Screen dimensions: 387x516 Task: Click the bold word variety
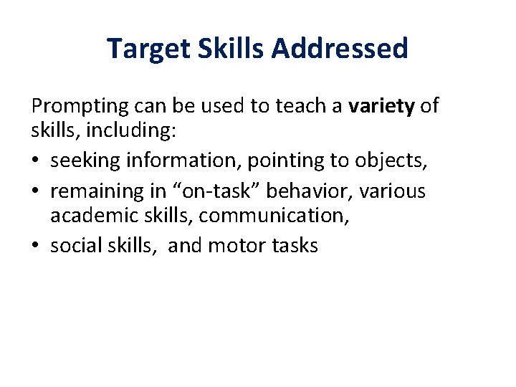(381, 107)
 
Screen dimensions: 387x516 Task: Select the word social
(74, 246)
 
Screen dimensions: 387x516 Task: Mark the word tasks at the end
(295, 246)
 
